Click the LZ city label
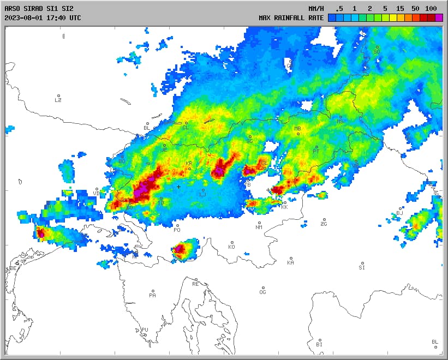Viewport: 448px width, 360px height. [58, 100]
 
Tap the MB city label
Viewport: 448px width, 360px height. [297, 129]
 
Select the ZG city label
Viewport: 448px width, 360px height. [324, 224]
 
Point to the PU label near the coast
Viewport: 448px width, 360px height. [145, 329]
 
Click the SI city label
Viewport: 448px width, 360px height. [362, 267]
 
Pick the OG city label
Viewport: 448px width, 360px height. [262, 292]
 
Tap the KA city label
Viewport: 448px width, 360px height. [290, 262]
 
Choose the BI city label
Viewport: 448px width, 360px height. [319, 345]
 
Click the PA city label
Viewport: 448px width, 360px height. [152, 295]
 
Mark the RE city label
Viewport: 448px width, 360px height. [195, 284]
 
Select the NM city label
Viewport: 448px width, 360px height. [259, 227]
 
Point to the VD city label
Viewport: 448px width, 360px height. [97, 193]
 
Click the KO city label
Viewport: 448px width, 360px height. [231, 247]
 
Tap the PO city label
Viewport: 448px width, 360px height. [177, 230]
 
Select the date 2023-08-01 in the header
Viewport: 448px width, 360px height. [23, 17]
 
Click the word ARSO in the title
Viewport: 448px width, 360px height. [12, 8]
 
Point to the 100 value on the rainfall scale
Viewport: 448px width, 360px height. [431, 8]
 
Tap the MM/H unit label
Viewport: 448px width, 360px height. [316, 8]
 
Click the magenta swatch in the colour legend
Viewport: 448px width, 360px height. [439, 17]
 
